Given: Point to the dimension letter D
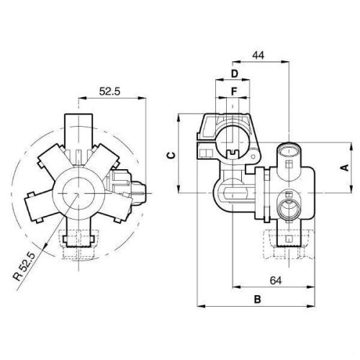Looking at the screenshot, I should tap(235, 74).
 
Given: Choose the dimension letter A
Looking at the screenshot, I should tap(344, 168).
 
